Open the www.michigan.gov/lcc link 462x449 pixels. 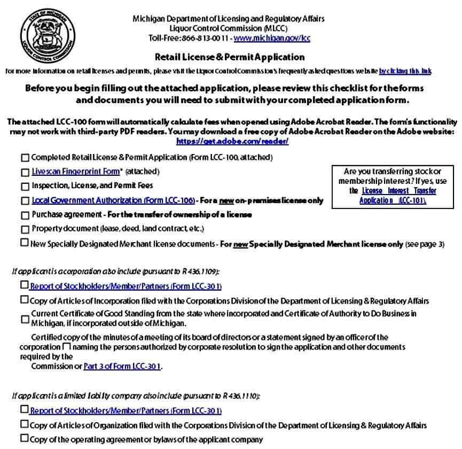[x=272, y=38]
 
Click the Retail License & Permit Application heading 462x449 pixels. [x=230, y=57]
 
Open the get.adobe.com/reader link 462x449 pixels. [x=232, y=141]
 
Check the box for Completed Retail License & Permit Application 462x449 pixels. [x=25, y=158]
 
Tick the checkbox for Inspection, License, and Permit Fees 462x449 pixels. [x=25, y=187]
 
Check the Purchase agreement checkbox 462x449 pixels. [x=25, y=215]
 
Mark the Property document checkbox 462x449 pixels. [x=25, y=229]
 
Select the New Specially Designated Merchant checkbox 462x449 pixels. [x=25, y=243]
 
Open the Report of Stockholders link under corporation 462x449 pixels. [x=126, y=286]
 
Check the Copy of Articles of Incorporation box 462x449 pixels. [x=25, y=300]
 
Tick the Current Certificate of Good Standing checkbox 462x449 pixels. [x=25, y=319]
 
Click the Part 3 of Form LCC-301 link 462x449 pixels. [x=122, y=367]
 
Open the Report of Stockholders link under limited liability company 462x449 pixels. [x=126, y=411]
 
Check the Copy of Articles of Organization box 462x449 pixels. [x=25, y=424]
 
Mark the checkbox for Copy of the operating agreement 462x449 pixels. [x=25, y=439]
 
